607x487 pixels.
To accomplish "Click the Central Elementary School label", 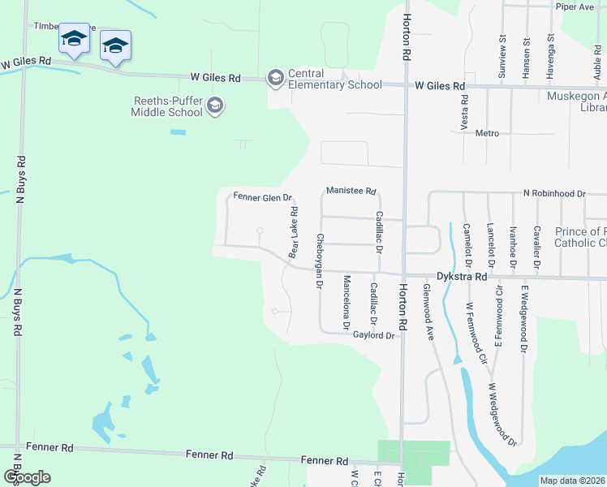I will (x=334, y=79).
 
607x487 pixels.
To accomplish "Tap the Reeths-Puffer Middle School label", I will (x=167, y=106).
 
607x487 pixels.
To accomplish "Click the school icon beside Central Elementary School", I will (x=275, y=77).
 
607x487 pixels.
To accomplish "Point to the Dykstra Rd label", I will (x=461, y=276).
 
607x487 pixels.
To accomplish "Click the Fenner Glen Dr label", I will (x=262, y=196).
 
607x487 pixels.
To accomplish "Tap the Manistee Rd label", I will (x=351, y=192).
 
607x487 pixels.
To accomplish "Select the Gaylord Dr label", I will (x=373, y=335).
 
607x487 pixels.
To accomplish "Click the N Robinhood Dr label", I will (x=554, y=194).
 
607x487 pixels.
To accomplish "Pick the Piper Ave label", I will (x=575, y=6).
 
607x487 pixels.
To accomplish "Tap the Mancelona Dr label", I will (x=347, y=302).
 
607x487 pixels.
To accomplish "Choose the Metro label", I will (x=487, y=133).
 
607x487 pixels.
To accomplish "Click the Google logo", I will (x=27, y=476).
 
